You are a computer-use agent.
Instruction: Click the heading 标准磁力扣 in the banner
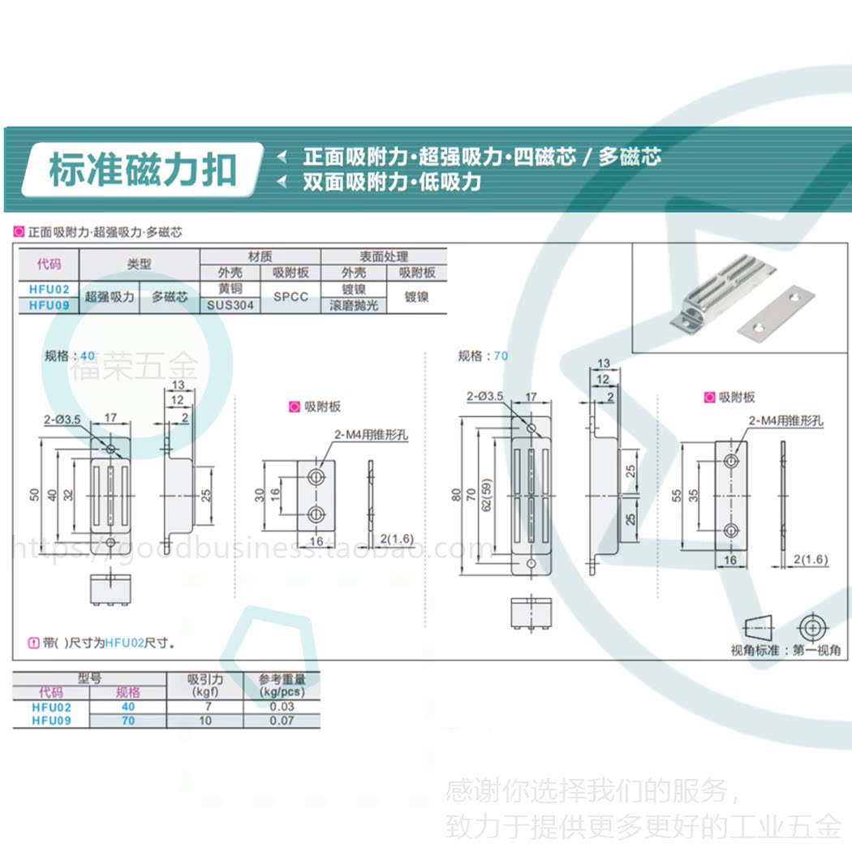(x=143, y=170)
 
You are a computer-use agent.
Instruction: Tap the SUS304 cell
(x=230, y=306)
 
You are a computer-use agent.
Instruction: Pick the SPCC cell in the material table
(x=290, y=297)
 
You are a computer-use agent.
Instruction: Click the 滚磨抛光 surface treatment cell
(x=354, y=306)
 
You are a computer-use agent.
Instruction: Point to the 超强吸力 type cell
(x=110, y=297)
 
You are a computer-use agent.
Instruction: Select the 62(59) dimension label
(x=486, y=499)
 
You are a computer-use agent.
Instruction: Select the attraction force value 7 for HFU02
(x=205, y=707)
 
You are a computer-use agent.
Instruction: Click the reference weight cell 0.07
(x=282, y=721)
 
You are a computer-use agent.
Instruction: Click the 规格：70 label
(x=483, y=355)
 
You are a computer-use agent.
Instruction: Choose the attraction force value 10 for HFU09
(x=205, y=721)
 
